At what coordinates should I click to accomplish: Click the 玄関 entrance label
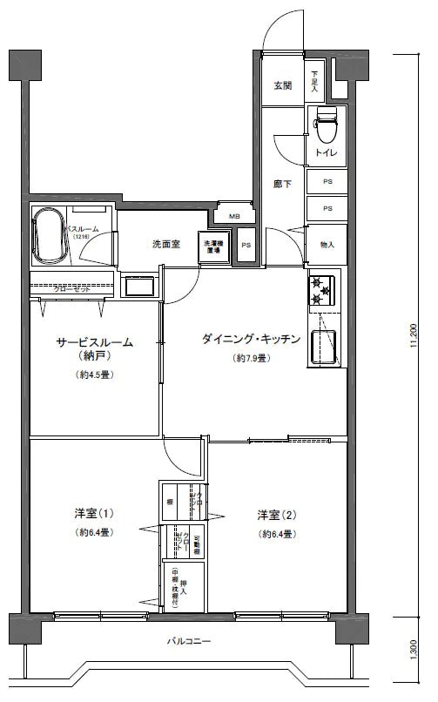(x=281, y=85)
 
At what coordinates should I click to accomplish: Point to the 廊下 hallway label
(x=281, y=185)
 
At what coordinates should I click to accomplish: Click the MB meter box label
(x=234, y=216)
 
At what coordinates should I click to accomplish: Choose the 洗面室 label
(x=165, y=244)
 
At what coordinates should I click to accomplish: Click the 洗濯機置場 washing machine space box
(x=213, y=246)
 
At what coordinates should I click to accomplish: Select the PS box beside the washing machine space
(x=246, y=246)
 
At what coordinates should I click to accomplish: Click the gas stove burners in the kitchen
(x=322, y=292)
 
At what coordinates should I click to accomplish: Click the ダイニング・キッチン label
(x=252, y=339)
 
